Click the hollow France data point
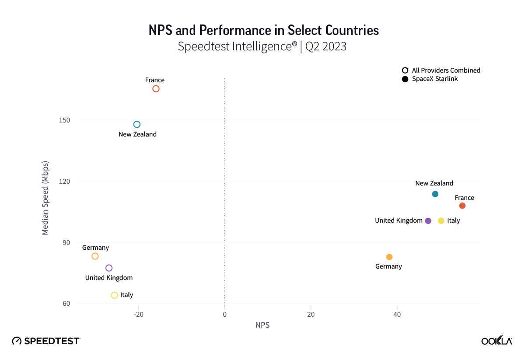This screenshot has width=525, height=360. coord(156,89)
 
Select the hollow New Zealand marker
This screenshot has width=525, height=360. coord(137,125)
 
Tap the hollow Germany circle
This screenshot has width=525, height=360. coord(95,256)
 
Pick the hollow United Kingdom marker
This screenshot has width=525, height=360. coord(109,268)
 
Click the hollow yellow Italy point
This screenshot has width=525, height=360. coord(115,295)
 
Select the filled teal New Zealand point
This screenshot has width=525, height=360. coord(435,194)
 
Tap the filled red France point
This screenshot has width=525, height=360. coord(462,206)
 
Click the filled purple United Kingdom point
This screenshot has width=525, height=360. coord(428,221)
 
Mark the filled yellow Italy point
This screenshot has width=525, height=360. coord(441,221)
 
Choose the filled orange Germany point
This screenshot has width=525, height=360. coord(389,257)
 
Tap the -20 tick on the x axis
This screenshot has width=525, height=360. coord(139,315)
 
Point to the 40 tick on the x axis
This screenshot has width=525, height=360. coord(397,315)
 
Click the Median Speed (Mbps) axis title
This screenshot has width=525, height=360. coord(45,198)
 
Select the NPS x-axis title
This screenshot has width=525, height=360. coord(262,325)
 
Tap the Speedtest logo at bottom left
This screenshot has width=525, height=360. coord(46,341)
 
